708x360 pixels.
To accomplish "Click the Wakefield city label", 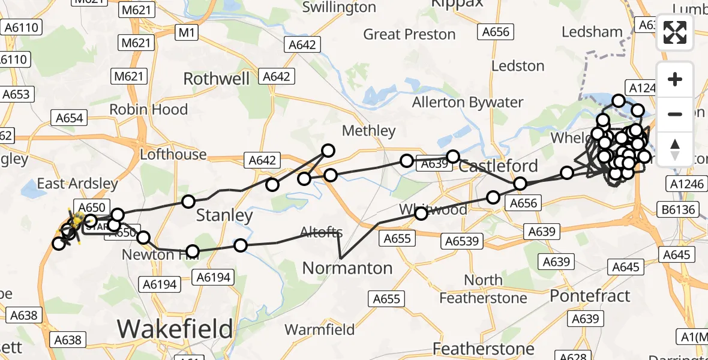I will click(175, 329).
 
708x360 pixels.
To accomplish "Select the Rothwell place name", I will click(216, 79).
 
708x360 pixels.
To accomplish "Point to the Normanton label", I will click(347, 268).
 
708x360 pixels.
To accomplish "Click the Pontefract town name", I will click(590, 296).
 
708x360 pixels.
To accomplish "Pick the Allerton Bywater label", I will click(467, 103).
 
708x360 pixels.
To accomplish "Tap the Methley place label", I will click(368, 131).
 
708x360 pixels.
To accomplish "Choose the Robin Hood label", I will click(148, 110).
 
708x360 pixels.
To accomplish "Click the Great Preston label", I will click(410, 34).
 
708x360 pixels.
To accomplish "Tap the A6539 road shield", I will click(462, 241).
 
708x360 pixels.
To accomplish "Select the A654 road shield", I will click(69, 118).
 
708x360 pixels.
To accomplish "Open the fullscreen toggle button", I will click(675, 32).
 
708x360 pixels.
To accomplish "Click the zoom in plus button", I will click(675, 80).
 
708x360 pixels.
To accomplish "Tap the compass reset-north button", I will click(675, 148).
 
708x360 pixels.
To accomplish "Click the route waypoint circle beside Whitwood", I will click(421, 213).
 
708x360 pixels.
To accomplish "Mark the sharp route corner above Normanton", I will click(340, 258).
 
